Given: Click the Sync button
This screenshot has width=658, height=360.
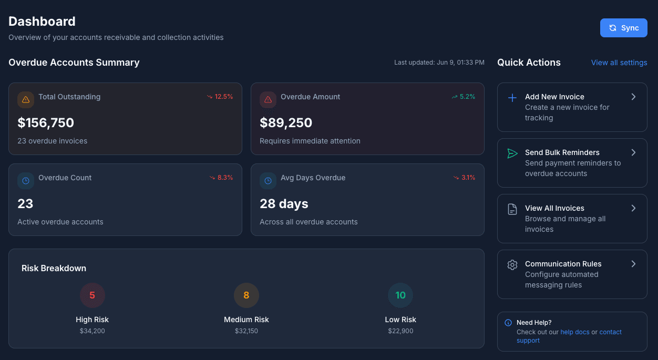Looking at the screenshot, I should pos(623,28).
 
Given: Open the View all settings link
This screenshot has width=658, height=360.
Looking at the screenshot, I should pos(619,63).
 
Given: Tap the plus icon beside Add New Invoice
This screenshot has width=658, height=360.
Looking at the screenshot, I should pos(512,98).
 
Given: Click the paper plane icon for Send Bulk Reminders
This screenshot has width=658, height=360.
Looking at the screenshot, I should pos(512,153).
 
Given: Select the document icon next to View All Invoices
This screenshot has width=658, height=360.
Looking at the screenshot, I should pos(512,209).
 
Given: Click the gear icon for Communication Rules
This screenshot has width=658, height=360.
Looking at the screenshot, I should pos(512,265).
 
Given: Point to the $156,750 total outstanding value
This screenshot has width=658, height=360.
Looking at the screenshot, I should pos(46,123).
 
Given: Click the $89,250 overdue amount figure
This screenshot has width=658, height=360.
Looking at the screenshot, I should pos(286,123).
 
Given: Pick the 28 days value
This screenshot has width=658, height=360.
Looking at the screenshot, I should pos(284,204).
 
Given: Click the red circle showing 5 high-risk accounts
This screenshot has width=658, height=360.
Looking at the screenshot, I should pos(92,295).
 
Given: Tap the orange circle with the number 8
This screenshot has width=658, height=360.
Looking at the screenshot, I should pos(246,295).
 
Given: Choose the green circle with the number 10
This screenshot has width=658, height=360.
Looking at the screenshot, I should pos(400,295).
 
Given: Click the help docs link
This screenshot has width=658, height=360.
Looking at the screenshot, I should pos(575,332).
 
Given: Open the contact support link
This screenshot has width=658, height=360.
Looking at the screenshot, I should pos(610,332).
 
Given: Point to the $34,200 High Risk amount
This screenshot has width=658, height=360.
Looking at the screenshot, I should pos(92,331).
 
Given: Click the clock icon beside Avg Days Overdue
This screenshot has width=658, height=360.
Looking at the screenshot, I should pos(268,181).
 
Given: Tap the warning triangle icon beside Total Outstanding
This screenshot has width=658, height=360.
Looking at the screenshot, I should pos(26,100).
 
